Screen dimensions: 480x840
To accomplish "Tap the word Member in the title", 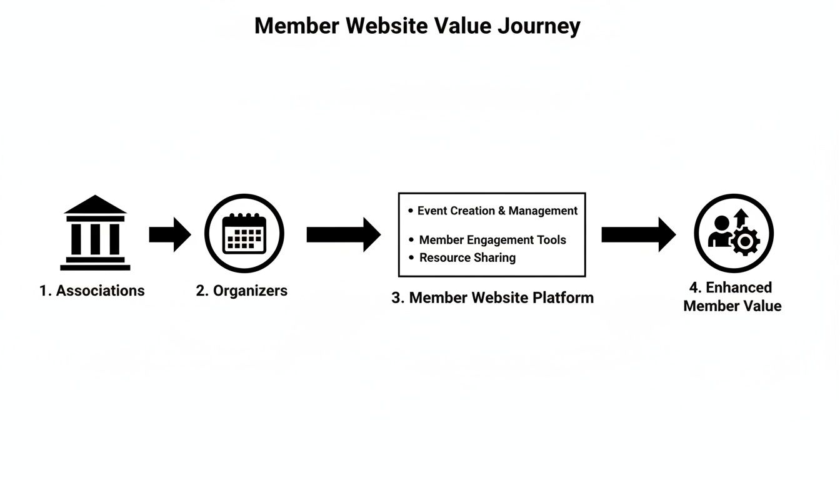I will point(297,26).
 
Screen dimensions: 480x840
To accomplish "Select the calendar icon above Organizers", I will point(244,233).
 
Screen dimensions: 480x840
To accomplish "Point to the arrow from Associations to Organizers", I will point(170,234).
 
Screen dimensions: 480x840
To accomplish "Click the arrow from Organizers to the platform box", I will point(343,234).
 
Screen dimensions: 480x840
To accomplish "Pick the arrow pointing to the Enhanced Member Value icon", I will point(638,234).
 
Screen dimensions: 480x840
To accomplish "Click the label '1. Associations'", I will point(92,291).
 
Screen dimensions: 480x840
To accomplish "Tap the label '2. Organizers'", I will point(242,291).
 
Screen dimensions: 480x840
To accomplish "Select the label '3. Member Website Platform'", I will point(492,297).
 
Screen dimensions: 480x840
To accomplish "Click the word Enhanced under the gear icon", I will point(739,287).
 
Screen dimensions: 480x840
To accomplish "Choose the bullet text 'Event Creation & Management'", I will point(497,211).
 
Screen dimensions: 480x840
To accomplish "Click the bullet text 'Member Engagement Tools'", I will point(492,240).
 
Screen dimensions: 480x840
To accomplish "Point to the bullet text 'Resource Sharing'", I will point(467,257).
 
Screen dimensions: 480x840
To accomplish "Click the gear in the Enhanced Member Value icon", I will point(745,241).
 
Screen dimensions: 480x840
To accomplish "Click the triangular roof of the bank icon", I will point(95,205).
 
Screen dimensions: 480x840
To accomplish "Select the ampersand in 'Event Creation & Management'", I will point(501,211).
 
